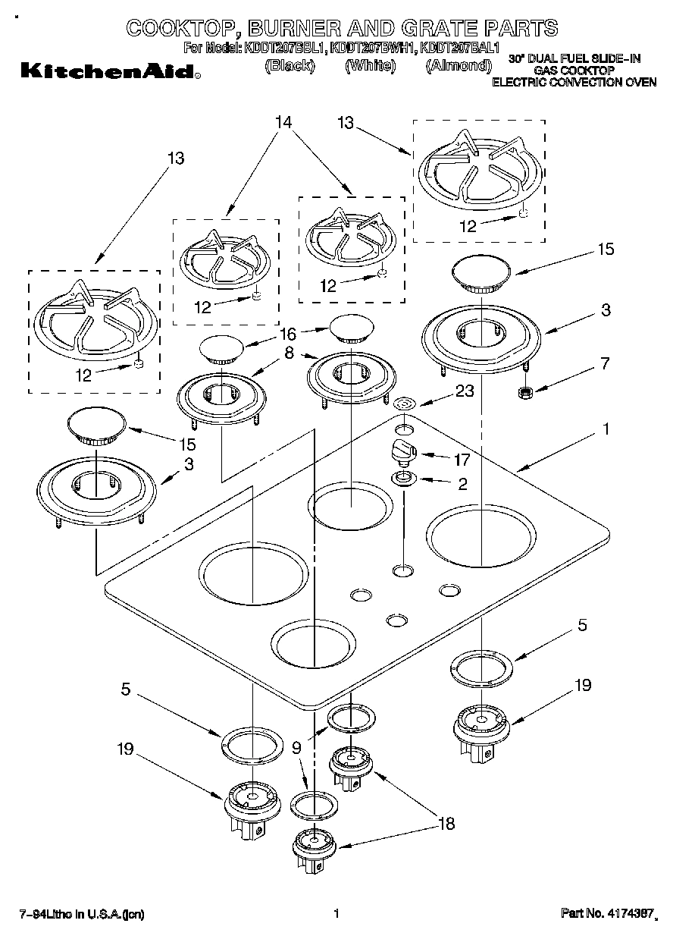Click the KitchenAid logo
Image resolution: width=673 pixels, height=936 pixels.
click(x=108, y=71)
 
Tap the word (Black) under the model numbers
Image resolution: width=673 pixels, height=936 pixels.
click(x=289, y=65)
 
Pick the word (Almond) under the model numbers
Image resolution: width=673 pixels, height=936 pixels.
click(x=459, y=65)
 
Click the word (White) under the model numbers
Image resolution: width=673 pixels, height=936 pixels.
click(x=371, y=65)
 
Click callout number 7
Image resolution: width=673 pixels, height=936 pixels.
click(x=604, y=363)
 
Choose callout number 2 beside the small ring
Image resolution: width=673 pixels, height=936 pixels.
click(x=462, y=482)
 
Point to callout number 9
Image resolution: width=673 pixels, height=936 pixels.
click(x=297, y=747)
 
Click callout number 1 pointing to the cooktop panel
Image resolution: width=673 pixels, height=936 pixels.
click(x=606, y=429)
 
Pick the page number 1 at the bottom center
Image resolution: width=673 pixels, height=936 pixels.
click(x=335, y=914)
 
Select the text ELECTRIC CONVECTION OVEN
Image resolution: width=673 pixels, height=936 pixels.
click(x=574, y=82)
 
